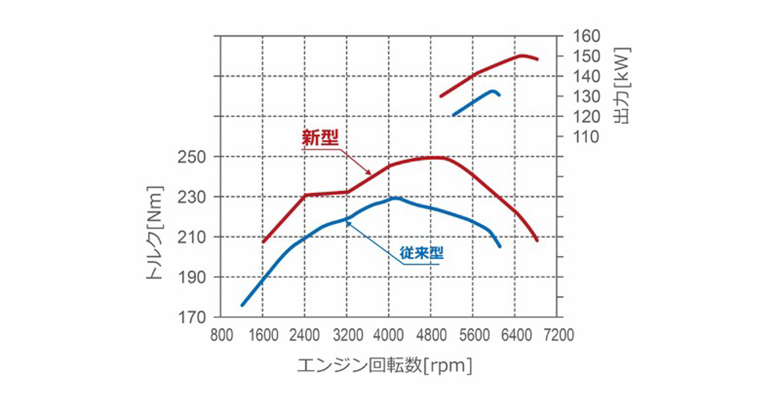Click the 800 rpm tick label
pos(222,336)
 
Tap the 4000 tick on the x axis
pos(389,336)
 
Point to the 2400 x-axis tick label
pos(304,336)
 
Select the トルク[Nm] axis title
pos(155,233)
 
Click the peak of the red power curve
pos(522,56)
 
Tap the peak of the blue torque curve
pos(395,197)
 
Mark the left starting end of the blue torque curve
pos(242,305)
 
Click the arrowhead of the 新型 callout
pos(370,173)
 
